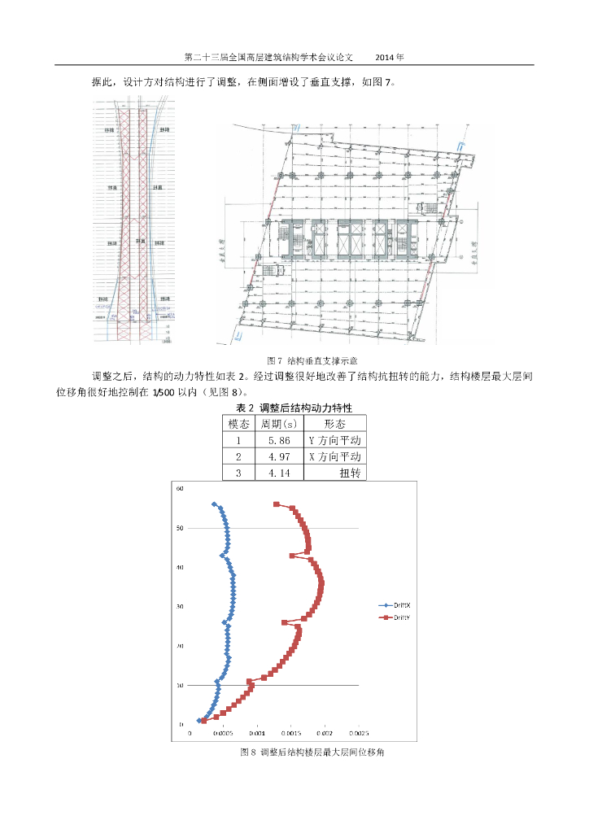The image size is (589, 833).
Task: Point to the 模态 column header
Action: click(238, 424)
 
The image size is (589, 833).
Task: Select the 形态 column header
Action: click(334, 424)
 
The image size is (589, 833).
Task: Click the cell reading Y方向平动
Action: click(334, 440)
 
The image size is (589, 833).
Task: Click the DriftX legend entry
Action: click(396, 605)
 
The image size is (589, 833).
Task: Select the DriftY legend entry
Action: click(396, 618)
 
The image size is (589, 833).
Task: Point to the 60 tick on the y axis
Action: click(181, 489)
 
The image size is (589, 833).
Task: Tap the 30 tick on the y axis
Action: click(181, 607)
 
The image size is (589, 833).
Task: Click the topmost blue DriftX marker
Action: click(214, 504)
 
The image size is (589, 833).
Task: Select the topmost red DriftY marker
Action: click(277, 504)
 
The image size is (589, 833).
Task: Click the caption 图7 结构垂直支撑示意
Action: click(313, 360)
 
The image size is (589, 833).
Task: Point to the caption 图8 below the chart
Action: click(312, 752)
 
